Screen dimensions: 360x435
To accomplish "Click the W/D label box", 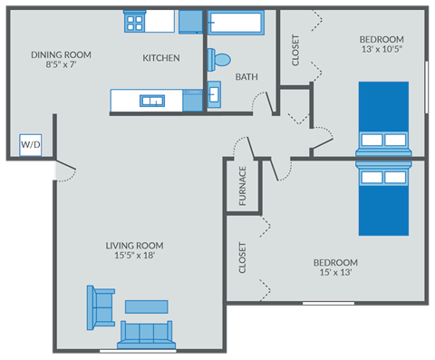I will click(31, 144).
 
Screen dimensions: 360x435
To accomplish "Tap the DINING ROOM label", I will click(61, 54).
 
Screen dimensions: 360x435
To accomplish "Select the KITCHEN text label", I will click(161, 58).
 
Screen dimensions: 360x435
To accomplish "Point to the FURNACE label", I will click(243, 186).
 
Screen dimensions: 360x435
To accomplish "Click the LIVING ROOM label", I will click(133, 245).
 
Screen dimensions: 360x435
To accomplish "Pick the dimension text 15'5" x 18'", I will click(133, 256).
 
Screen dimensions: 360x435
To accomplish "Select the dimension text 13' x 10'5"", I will click(381, 50).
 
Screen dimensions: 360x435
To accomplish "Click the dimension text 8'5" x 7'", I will click(61, 64).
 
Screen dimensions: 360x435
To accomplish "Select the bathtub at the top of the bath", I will click(237, 22).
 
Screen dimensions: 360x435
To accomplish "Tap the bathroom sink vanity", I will click(215, 94).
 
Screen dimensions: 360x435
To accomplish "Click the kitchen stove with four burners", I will click(135, 20).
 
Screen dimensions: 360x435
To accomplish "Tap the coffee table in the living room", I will click(147, 306).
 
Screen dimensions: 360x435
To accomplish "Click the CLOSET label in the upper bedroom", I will click(296, 49).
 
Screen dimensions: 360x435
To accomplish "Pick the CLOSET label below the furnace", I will click(243, 258).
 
